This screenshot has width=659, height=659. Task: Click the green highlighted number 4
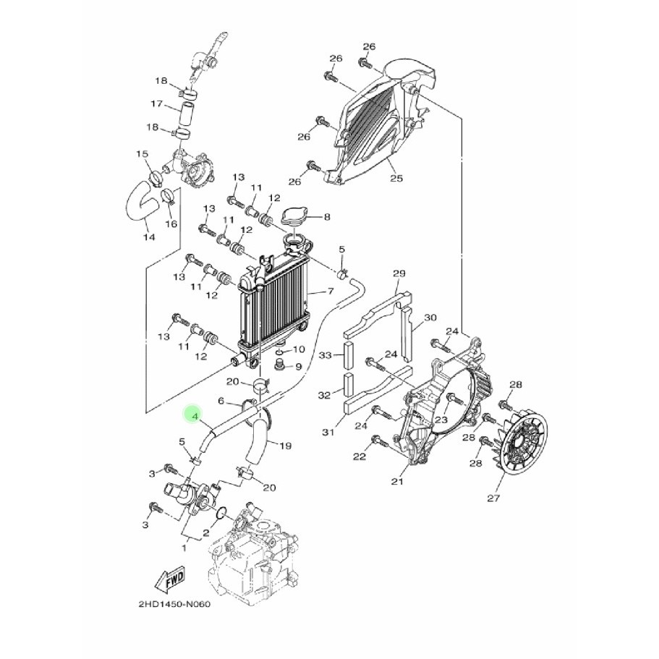coord(192,414)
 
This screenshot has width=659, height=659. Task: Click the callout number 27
coord(493,498)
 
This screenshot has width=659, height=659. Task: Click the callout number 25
coord(394,178)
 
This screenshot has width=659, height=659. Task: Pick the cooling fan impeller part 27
coord(519,448)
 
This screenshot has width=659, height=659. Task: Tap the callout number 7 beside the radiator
coord(331,292)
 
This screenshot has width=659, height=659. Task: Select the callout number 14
coord(148,237)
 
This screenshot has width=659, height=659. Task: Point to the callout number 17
coord(157,104)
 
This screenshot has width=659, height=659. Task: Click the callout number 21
coord(396,481)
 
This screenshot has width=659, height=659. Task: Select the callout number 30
coord(430,318)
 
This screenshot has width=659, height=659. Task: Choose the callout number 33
coord(326,355)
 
